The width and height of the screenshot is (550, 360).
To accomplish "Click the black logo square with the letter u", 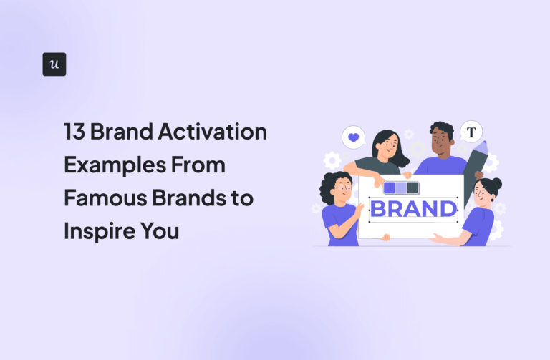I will point(54,64).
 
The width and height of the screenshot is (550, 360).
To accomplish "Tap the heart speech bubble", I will point(353,136).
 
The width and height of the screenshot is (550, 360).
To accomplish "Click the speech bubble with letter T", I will point(471,132).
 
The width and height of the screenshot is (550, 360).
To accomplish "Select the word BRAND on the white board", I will point(414,209).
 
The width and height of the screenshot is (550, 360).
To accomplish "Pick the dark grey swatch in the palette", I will point(412,188).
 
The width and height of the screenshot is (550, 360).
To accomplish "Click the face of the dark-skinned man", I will point(440,142).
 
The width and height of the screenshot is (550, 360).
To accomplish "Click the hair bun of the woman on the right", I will point(496,183).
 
